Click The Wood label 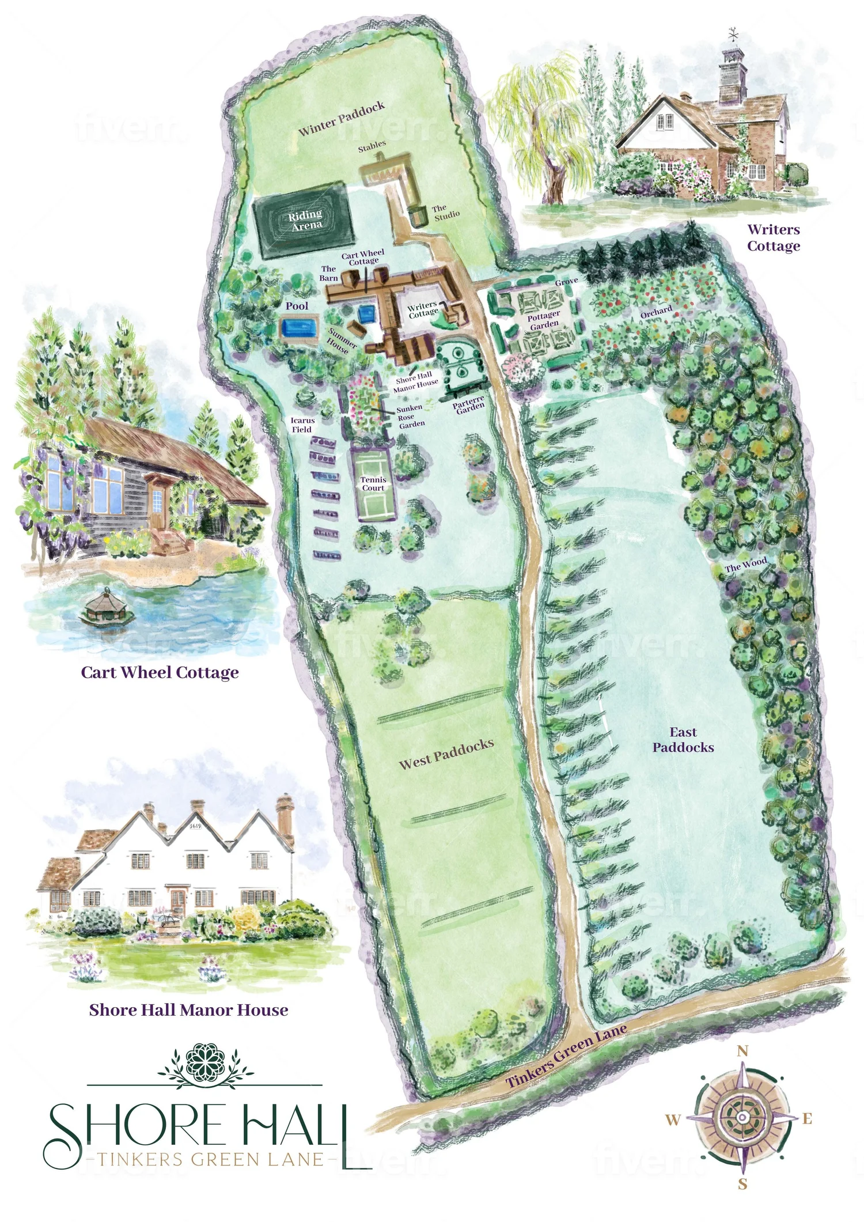pos(745,564)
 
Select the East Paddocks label pos(683,740)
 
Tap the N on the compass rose pos(743,1051)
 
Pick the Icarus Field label pos(302,425)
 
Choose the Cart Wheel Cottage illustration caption pos(160,672)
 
